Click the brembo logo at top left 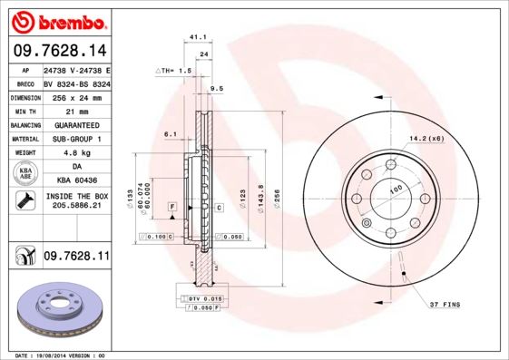point(56,19)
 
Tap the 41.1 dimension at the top point(195,37)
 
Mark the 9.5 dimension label point(216,89)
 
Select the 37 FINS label point(445,302)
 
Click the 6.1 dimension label point(170,133)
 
